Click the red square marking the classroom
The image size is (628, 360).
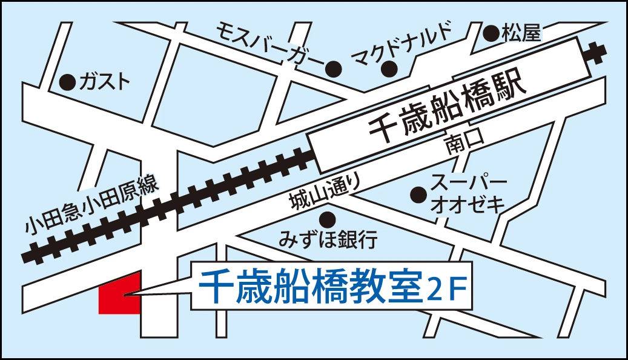pos(119,293)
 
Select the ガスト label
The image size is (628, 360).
pos(104,81)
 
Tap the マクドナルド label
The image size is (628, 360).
pos(402,41)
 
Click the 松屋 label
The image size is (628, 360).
pos(521,33)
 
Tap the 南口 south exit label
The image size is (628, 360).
pos(464,144)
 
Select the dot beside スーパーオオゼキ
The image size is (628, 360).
pos(417,194)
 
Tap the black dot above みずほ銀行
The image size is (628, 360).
pos(328,218)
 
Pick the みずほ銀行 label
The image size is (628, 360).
pos(328,239)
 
